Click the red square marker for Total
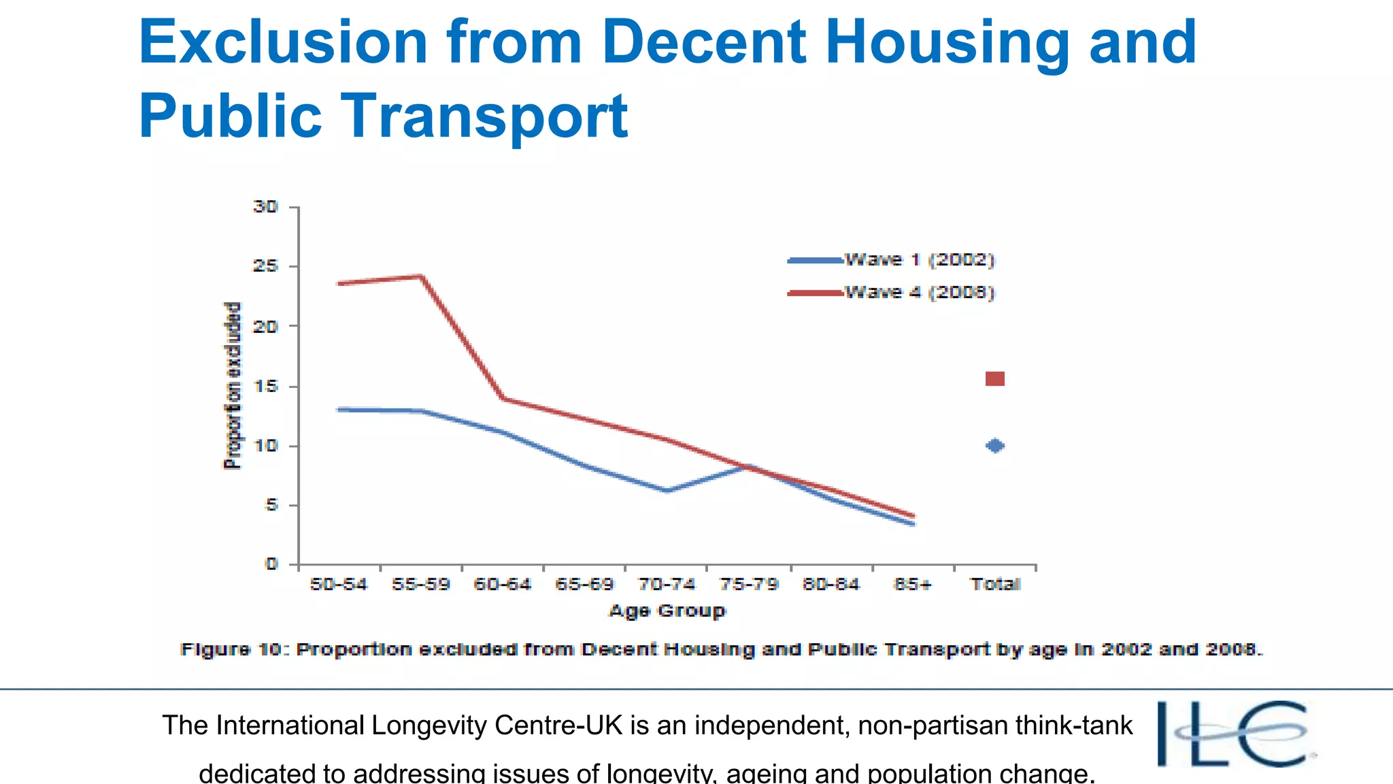pos(994,379)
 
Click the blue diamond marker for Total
pos(994,446)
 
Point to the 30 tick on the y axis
pos(265,206)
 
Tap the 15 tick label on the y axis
pos(265,387)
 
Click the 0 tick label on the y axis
pos(271,564)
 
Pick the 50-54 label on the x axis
pos(338,585)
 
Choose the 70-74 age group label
pos(666,585)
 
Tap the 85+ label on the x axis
pos(912,585)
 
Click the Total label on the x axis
pos(995,585)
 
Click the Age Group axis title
pos(667,610)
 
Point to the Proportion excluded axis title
pos(233,386)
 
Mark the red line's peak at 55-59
pos(421,276)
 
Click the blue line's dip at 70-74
pos(667,491)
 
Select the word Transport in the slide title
pos(484,116)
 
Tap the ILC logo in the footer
pos(1235,734)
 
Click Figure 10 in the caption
pos(231,649)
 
